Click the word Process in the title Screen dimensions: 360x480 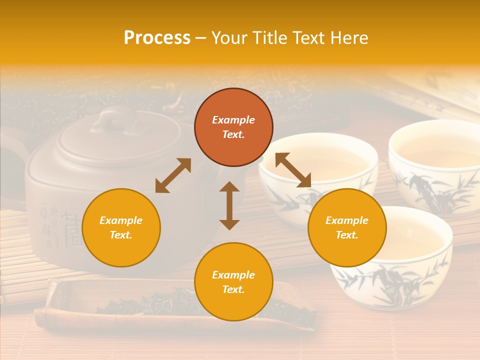157,38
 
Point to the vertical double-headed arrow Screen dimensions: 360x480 229,205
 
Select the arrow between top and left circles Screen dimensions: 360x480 173,175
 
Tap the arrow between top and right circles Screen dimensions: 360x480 292,170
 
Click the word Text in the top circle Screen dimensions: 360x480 233,134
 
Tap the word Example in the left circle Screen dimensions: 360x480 121,220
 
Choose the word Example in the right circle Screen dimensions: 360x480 347,220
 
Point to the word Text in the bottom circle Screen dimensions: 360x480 233,289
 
